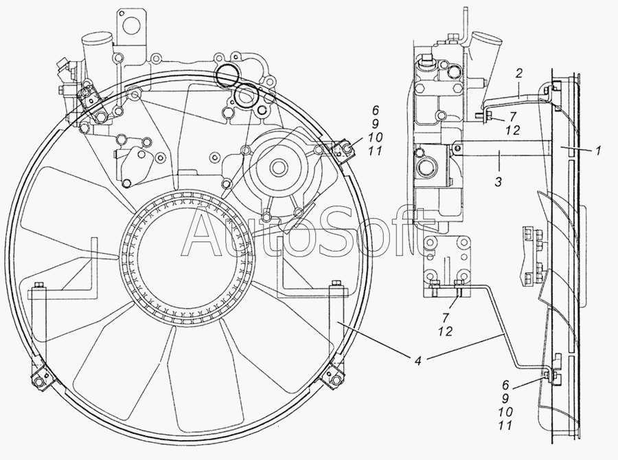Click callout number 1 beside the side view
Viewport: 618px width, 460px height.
click(x=598, y=151)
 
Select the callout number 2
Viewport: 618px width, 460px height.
click(x=519, y=73)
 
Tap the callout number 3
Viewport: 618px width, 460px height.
click(x=499, y=182)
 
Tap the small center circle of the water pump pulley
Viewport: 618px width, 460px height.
click(x=278, y=165)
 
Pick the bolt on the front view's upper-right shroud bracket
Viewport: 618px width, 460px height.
click(x=347, y=149)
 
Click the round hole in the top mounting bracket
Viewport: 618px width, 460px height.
click(x=130, y=25)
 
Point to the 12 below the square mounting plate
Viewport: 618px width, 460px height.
click(x=444, y=331)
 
